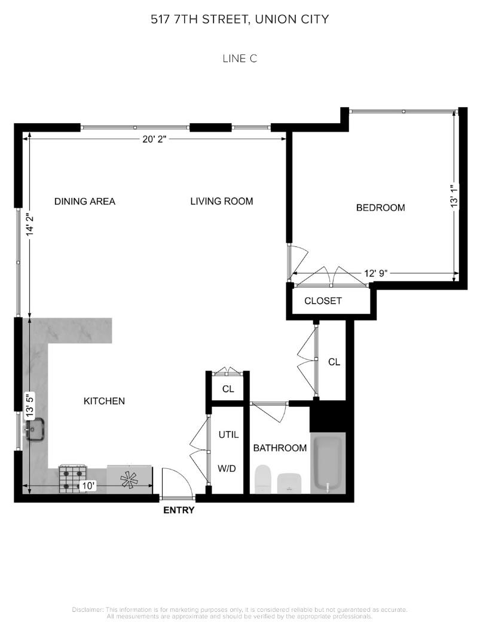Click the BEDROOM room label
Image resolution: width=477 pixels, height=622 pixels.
pyautogui.click(x=380, y=208)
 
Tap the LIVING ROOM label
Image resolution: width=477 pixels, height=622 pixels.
pyautogui.click(x=222, y=201)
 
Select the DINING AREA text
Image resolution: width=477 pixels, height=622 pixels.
pyautogui.click(x=85, y=202)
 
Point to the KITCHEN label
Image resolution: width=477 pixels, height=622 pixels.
pyautogui.click(x=104, y=401)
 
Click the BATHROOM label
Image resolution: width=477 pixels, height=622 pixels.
pyautogui.click(x=280, y=448)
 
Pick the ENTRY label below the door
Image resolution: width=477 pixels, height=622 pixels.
pyautogui.click(x=179, y=510)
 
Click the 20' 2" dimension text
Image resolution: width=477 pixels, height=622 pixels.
pyautogui.click(x=154, y=139)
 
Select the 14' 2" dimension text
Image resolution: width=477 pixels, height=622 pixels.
pyautogui.click(x=30, y=225)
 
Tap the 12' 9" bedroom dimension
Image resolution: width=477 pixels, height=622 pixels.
pyautogui.click(x=376, y=273)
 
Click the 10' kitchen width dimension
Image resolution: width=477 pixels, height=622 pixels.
pyautogui.click(x=88, y=486)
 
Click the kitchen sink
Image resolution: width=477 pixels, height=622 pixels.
pyautogui.click(x=35, y=429)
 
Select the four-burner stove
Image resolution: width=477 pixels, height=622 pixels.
pyautogui.click(x=73, y=479)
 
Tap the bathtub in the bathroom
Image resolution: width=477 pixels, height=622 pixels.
pyautogui.click(x=328, y=464)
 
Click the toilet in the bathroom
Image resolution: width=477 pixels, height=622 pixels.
pyautogui.click(x=262, y=479)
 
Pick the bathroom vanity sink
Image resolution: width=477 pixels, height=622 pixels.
pyautogui.click(x=290, y=483)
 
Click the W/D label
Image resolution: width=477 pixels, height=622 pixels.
pyautogui.click(x=227, y=468)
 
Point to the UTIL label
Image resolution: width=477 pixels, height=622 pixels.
pyautogui.click(x=229, y=435)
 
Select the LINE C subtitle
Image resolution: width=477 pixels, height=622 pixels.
pyautogui.click(x=240, y=59)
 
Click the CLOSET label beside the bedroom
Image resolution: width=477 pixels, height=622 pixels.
pyautogui.click(x=323, y=301)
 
